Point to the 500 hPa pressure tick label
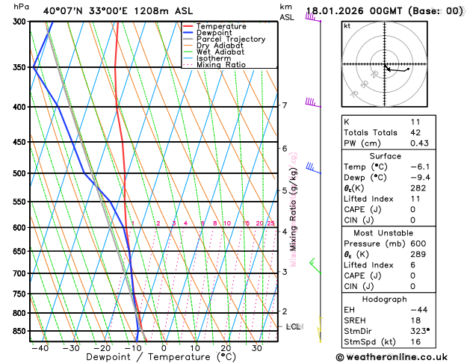18,173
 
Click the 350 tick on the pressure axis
18,67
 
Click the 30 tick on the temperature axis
256,347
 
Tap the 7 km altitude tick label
285,105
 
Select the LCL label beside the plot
293,326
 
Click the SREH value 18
415,319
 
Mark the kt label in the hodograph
347,25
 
